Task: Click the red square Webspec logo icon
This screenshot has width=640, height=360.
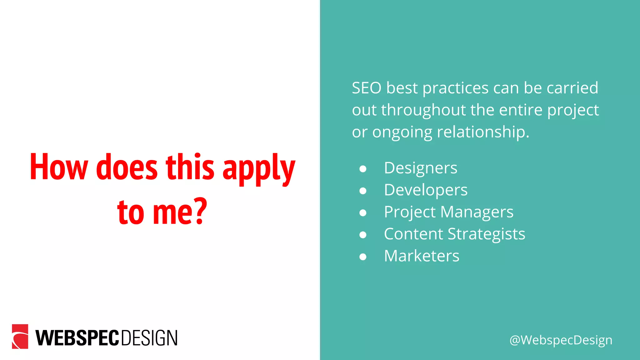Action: pyautogui.click(x=20, y=336)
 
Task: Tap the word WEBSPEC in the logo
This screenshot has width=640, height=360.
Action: pyautogui.click(x=77, y=338)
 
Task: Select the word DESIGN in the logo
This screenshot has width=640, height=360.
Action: pyautogui.click(x=149, y=338)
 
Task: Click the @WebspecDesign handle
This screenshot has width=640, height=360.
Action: pyautogui.click(x=561, y=340)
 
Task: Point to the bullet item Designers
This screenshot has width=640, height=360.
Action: pyautogui.click(x=420, y=168)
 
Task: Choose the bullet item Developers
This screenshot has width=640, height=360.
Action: pyautogui.click(x=426, y=190)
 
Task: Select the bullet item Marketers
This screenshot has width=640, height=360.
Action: pyautogui.click(x=422, y=256)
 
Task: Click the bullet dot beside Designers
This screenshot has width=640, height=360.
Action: pyautogui.click(x=363, y=169)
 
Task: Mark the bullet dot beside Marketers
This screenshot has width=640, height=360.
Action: pyautogui.click(x=363, y=257)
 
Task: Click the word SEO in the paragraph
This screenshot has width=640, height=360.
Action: pyautogui.click(x=367, y=88)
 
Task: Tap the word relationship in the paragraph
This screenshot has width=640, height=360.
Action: pyautogui.click(x=483, y=132)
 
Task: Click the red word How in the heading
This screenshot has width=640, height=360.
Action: pyautogui.click(x=59, y=167)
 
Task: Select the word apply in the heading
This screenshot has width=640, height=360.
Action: pyautogui.click(x=259, y=169)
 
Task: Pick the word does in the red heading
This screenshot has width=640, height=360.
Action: pyautogui.click(x=127, y=167)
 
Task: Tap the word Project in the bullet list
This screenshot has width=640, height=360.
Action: pyautogui.click(x=409, y=212)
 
